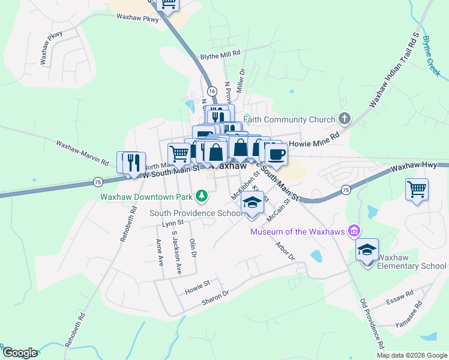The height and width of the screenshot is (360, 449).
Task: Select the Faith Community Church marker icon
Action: pos(345,119)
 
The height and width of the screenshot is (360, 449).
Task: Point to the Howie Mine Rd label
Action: pos(315,144)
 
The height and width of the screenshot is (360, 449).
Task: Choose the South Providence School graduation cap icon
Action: pos(253,205)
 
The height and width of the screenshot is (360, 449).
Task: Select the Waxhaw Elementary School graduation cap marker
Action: pos(367,251)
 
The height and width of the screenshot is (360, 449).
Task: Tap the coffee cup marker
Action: pos(276,154)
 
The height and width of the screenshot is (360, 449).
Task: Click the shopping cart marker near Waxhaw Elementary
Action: pos(417,190)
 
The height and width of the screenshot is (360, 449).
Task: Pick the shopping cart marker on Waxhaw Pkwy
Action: pos(168,5)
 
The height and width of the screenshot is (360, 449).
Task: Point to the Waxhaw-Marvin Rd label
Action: pos(82,153)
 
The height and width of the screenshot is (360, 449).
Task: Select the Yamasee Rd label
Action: pos(408,314)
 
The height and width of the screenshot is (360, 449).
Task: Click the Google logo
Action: pos(19,353)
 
